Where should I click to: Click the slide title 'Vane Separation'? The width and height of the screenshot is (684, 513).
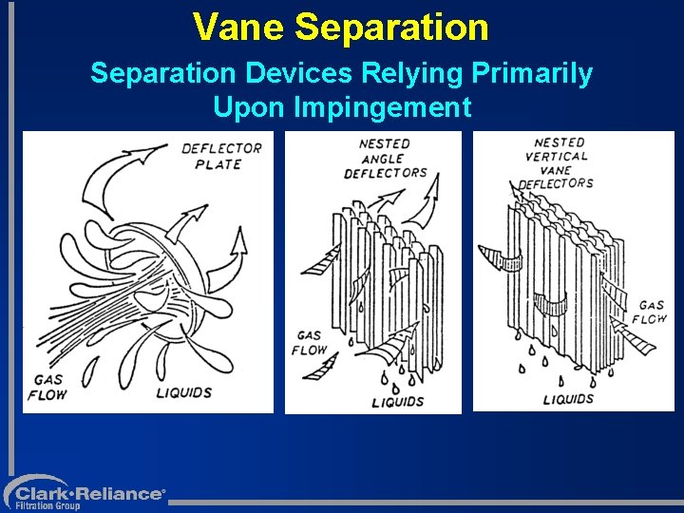click(340, 27)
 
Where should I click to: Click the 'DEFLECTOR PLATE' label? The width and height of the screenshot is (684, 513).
click(220, 156)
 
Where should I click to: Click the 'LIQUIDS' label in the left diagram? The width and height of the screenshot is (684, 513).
click(182, 391)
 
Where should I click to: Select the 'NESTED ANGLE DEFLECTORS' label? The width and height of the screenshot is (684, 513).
click(385, 158)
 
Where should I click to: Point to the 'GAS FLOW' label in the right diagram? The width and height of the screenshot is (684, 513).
click(650, 313)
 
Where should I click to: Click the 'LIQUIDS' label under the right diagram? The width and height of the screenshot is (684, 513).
click(569, 399)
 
